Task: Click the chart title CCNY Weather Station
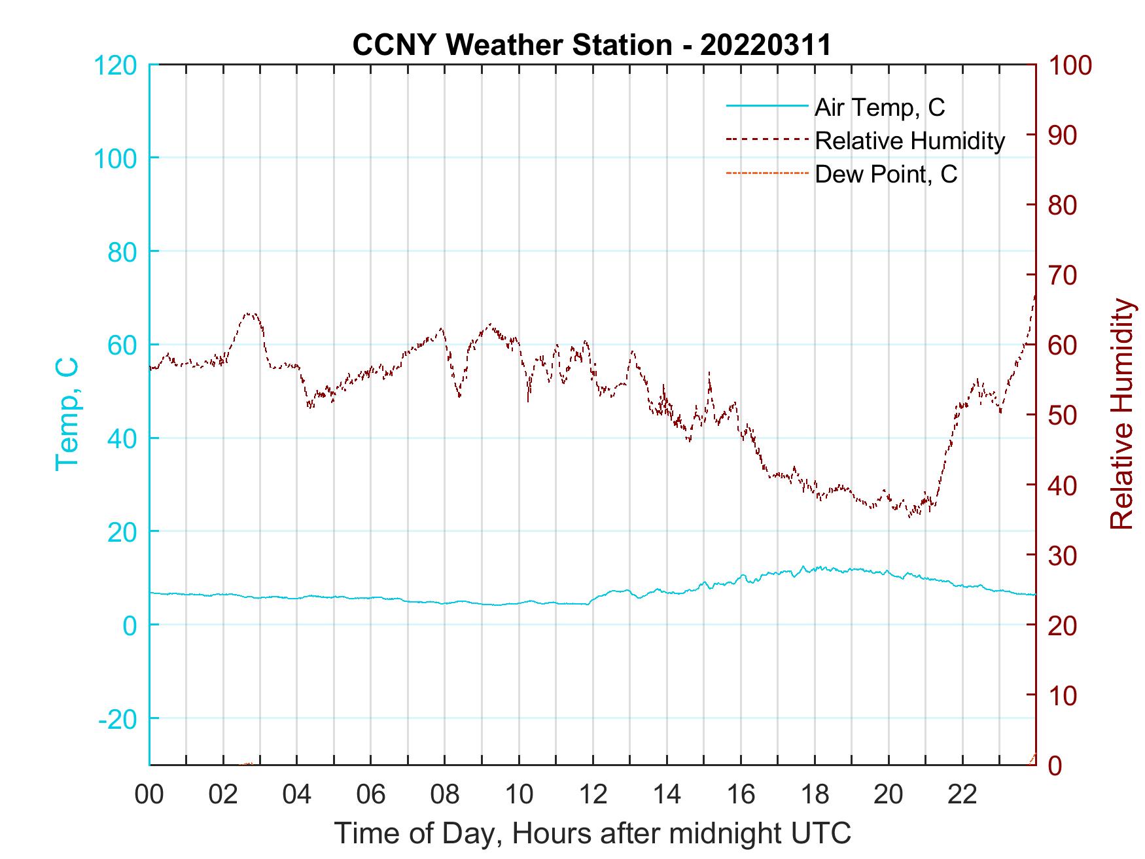pos(512,45)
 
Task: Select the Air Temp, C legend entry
pos(879,107)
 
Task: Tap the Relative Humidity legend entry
pos(909,141)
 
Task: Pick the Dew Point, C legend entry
pos(885,174)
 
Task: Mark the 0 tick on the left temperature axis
pos(130,625)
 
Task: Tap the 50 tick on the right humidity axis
pos(1063,415)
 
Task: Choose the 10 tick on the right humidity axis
pos(1063,695)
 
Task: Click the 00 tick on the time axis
pos(149,795)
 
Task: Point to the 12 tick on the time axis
pos(593,795)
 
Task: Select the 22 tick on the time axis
pos(962,795)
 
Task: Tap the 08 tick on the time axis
pos(445,795)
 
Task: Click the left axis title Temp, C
pos(67,413)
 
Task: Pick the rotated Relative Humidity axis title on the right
pos(1121,413)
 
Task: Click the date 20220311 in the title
pos(766,45)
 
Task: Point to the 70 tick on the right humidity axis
pos(1063,275)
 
